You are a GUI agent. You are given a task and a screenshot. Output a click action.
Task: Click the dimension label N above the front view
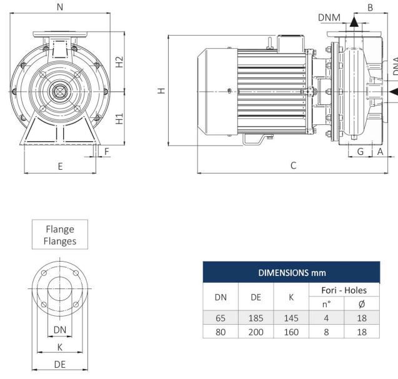(59, 7)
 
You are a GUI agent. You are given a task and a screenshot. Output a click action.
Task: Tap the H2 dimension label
(119, 62)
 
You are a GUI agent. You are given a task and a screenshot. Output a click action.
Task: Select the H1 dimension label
(119, 119)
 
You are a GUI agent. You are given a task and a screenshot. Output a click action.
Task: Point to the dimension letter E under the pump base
(60, 166)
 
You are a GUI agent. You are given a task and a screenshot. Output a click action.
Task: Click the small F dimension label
(106, 151)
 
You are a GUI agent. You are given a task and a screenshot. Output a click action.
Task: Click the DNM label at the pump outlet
(329, 17)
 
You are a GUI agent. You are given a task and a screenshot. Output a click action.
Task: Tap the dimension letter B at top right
(370, 7)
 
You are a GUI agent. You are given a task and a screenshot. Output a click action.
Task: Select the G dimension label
(361, 151)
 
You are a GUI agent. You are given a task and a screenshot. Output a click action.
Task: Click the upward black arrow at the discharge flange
(354, 22)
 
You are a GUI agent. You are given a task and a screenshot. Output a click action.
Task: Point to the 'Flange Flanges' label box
(60, 235)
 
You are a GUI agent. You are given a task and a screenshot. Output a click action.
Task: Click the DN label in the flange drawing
(59, 329)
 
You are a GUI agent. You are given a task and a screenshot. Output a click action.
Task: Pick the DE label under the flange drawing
(60, 364)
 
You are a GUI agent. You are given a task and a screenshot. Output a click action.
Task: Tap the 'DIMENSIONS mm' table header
(291, 273)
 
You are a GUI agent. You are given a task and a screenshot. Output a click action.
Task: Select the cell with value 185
(256, 318)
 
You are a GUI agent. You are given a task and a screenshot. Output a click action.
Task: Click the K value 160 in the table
(291, 332)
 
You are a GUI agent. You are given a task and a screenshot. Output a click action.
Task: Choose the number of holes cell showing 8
(326, 332)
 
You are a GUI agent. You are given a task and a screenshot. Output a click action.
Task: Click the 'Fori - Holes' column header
(344, 290)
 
